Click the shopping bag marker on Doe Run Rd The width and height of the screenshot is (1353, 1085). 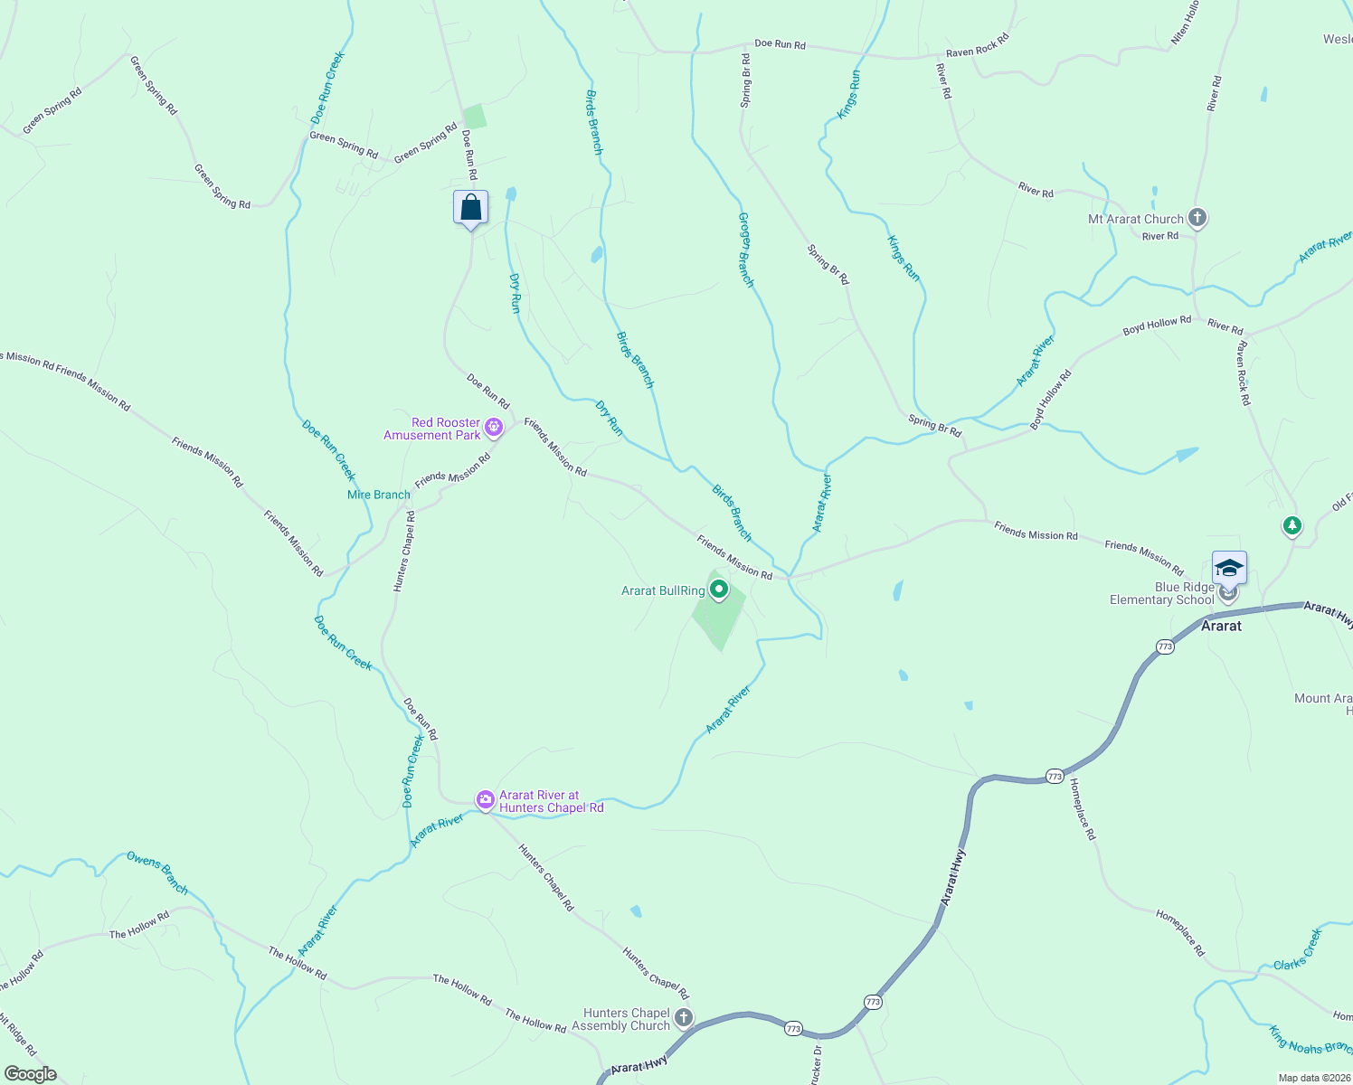pos(470,208)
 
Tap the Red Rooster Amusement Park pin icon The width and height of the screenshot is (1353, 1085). pos(494,427)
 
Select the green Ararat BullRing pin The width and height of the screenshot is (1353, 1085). pos(719,590)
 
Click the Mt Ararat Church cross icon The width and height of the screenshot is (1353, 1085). pos(1197,218)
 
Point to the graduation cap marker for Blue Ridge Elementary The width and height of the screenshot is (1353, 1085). pos(1229,569)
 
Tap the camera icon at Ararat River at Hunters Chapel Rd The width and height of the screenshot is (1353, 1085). pos(486,799)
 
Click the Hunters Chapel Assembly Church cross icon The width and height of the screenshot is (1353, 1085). pos(684,1018)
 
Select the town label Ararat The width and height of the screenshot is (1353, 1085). pos(1221,626)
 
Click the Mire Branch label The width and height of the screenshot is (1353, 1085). pos(379,495)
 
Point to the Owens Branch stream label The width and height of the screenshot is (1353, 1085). pos(157,873)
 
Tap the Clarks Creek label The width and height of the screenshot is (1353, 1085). pos(1298,949)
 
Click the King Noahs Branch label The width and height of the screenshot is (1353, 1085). pos(1310,1041)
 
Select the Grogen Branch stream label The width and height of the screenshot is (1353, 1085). pos(746,250)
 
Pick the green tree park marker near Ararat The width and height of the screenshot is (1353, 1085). pos(1292,525)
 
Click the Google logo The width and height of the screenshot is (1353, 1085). pos(30,1074)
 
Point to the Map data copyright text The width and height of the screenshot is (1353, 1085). pos(1313,1078)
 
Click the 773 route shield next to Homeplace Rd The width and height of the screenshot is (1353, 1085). pos(1055,776)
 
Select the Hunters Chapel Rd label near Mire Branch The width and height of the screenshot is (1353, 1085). pos(404,552)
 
